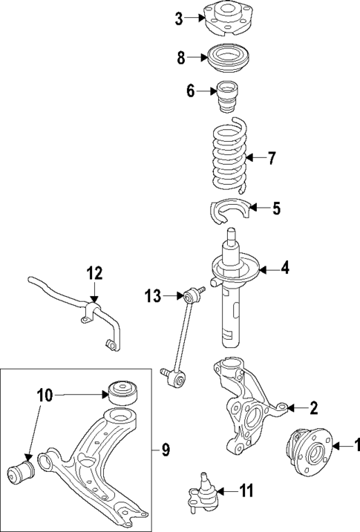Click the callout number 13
152,297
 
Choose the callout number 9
165,449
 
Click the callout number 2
313,407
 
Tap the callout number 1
356,446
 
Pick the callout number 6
190,91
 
